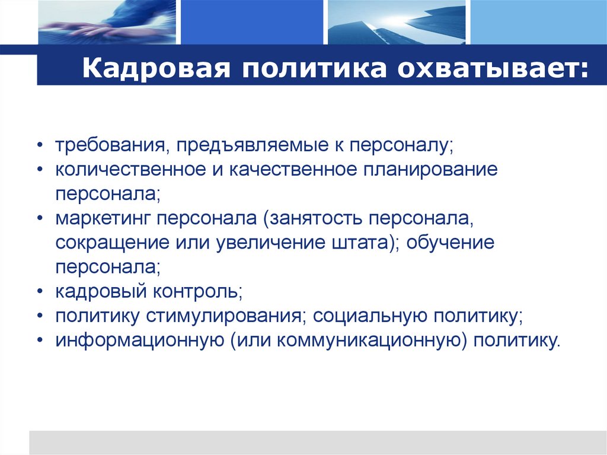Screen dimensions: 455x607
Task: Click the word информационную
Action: (135, 341)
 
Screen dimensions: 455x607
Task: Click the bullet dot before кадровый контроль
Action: (40, 292)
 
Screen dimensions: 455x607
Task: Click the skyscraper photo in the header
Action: (397, 23)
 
